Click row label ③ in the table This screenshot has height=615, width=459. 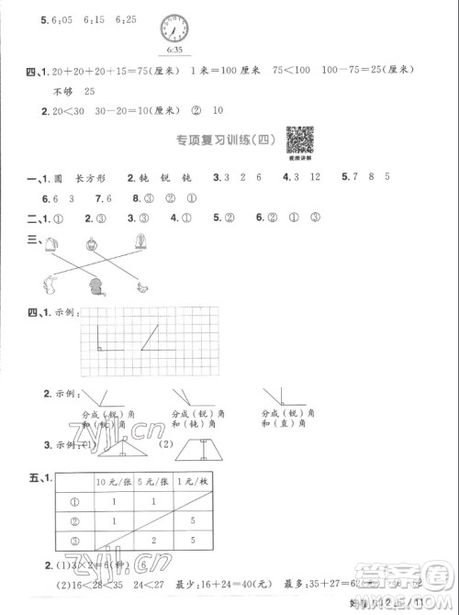point(75,542)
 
